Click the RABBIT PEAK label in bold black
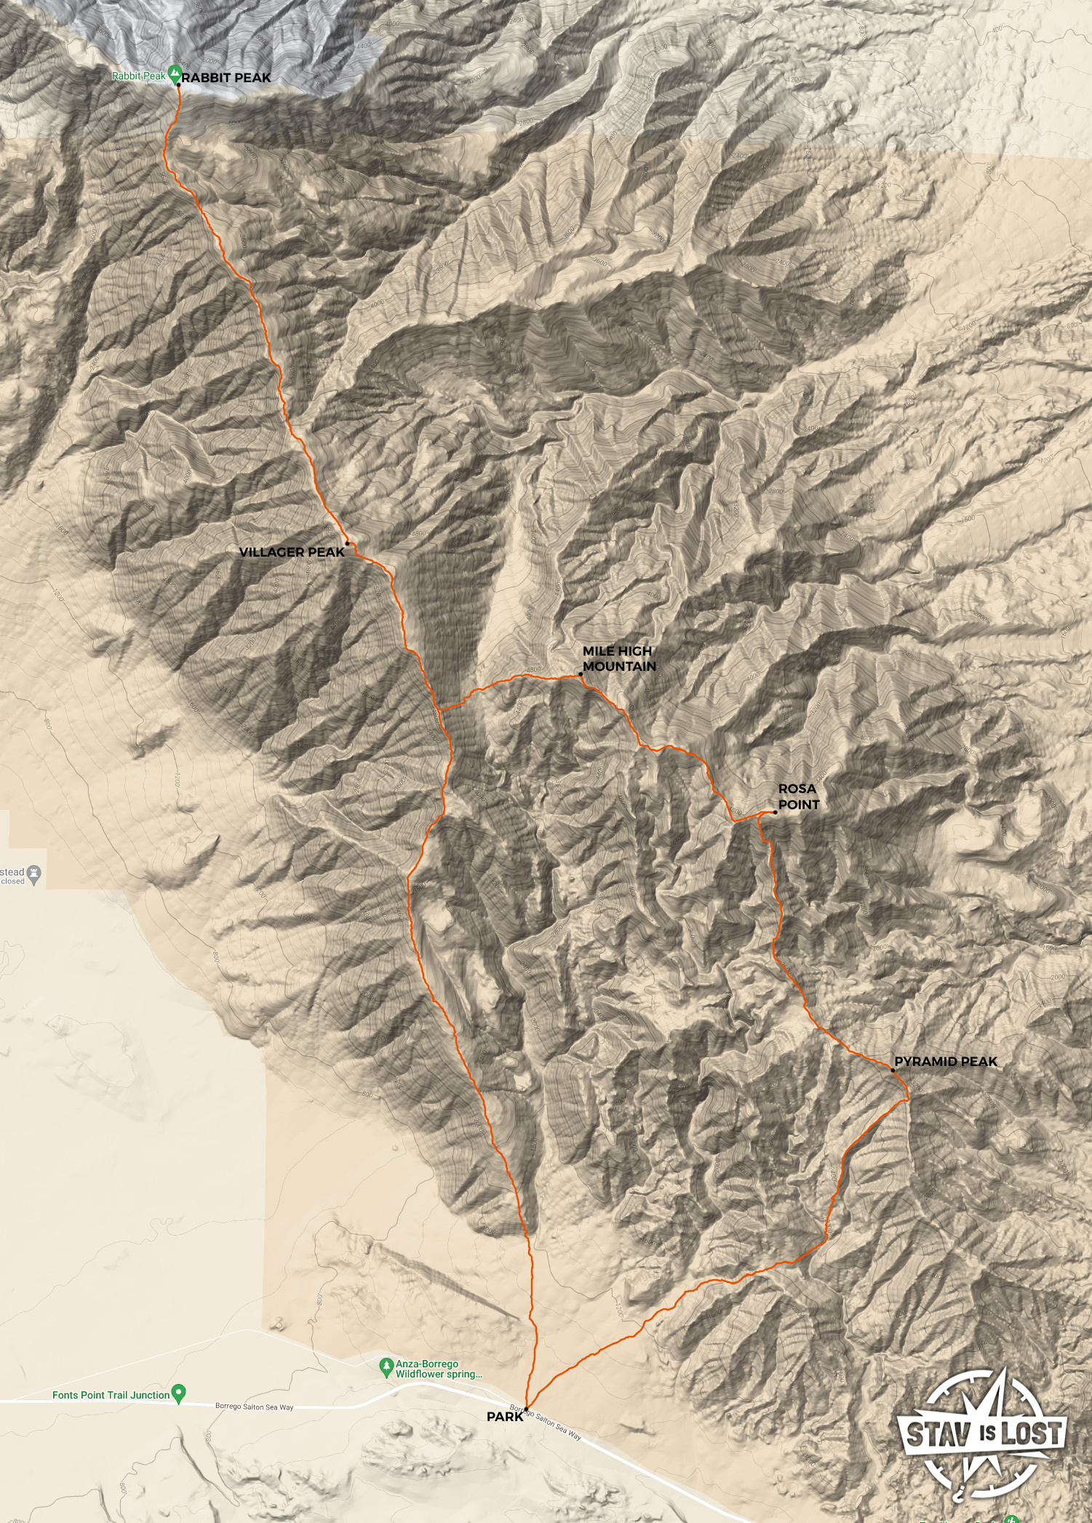tap(226, 78)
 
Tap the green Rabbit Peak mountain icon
tap(175, 73)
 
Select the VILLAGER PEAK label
tap(291, 552)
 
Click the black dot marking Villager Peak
tap(348, 544)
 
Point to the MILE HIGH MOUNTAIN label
tap(619, 659)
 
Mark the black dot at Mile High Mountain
tap(581, 675)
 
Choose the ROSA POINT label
tap(798, 797)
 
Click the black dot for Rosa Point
tap(775, 812)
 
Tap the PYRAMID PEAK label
tap(946, 1062)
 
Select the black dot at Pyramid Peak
tap(893, 1070)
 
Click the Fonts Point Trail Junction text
tap(111, 1395)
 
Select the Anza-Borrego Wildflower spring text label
tap(438, 1369)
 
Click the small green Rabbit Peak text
tap(138, 76)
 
